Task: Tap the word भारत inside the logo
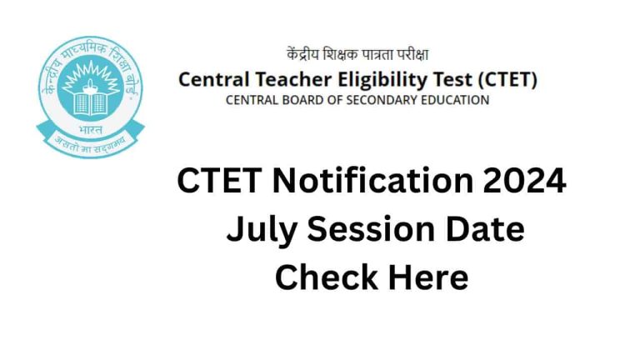[90, 131]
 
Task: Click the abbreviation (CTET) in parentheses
[497, 81]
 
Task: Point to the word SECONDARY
[383, 100]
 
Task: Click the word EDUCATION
[457, 100]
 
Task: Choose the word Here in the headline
[425, 277]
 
